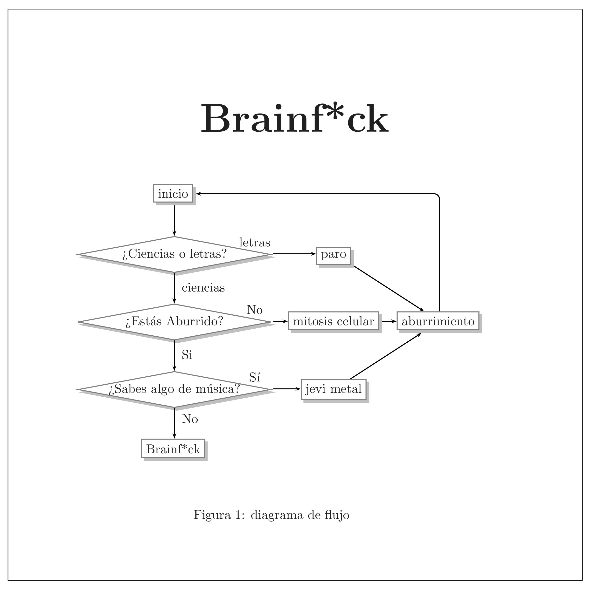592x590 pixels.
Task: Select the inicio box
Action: (x=173, y=194)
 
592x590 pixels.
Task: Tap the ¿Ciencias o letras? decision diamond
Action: (x=174, y=254)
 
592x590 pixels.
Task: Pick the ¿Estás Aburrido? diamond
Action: (x=174, y=322)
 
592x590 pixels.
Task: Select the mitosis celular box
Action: (x=333, y=321)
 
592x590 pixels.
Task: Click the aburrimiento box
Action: (x=438, y=321)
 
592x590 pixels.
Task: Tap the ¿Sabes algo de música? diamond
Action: (x=174, y=389)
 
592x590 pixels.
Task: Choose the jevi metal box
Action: (x=333, y=389)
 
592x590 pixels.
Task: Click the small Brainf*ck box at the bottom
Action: (x=173, y=449)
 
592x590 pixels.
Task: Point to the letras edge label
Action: (x=255, y=243)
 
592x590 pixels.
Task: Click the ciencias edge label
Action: (x=203, y=288)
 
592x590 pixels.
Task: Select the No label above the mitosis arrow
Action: (x=255, y=310)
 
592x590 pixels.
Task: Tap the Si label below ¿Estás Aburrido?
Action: (x=187, y=355)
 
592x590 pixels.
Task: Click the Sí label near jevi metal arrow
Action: (x=255, y=378)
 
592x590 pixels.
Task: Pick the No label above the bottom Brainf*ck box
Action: (x=190, y=419)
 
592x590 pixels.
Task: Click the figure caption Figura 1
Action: (x=271, y=515)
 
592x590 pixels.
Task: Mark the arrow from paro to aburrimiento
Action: (x=389, y=288)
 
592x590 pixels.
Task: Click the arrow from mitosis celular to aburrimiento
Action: (x=388, y=321)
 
